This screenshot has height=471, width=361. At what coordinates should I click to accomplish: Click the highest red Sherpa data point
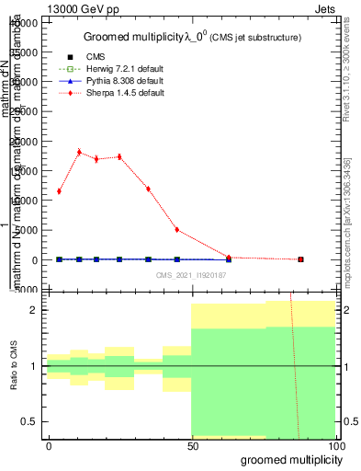(x=79, y=152)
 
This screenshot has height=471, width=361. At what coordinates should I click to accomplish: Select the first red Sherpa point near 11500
(x=59, y=191)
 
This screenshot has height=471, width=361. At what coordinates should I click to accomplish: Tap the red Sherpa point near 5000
(x=177, y=230)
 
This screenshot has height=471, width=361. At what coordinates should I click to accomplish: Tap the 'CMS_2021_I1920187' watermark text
(x=191, y=274)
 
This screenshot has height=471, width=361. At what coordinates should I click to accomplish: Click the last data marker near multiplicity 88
(x=300, y=259)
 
